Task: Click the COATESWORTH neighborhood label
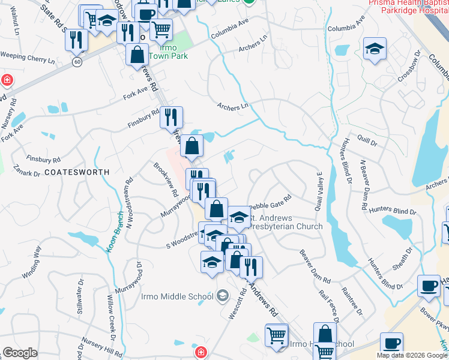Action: (77, 172)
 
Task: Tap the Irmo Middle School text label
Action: (177, 296)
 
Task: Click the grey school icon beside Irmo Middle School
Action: (223, 295)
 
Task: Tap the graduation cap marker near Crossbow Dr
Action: (375, 49)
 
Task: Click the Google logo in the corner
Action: (20, 353)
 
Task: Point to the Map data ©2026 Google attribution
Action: (411, 355)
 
